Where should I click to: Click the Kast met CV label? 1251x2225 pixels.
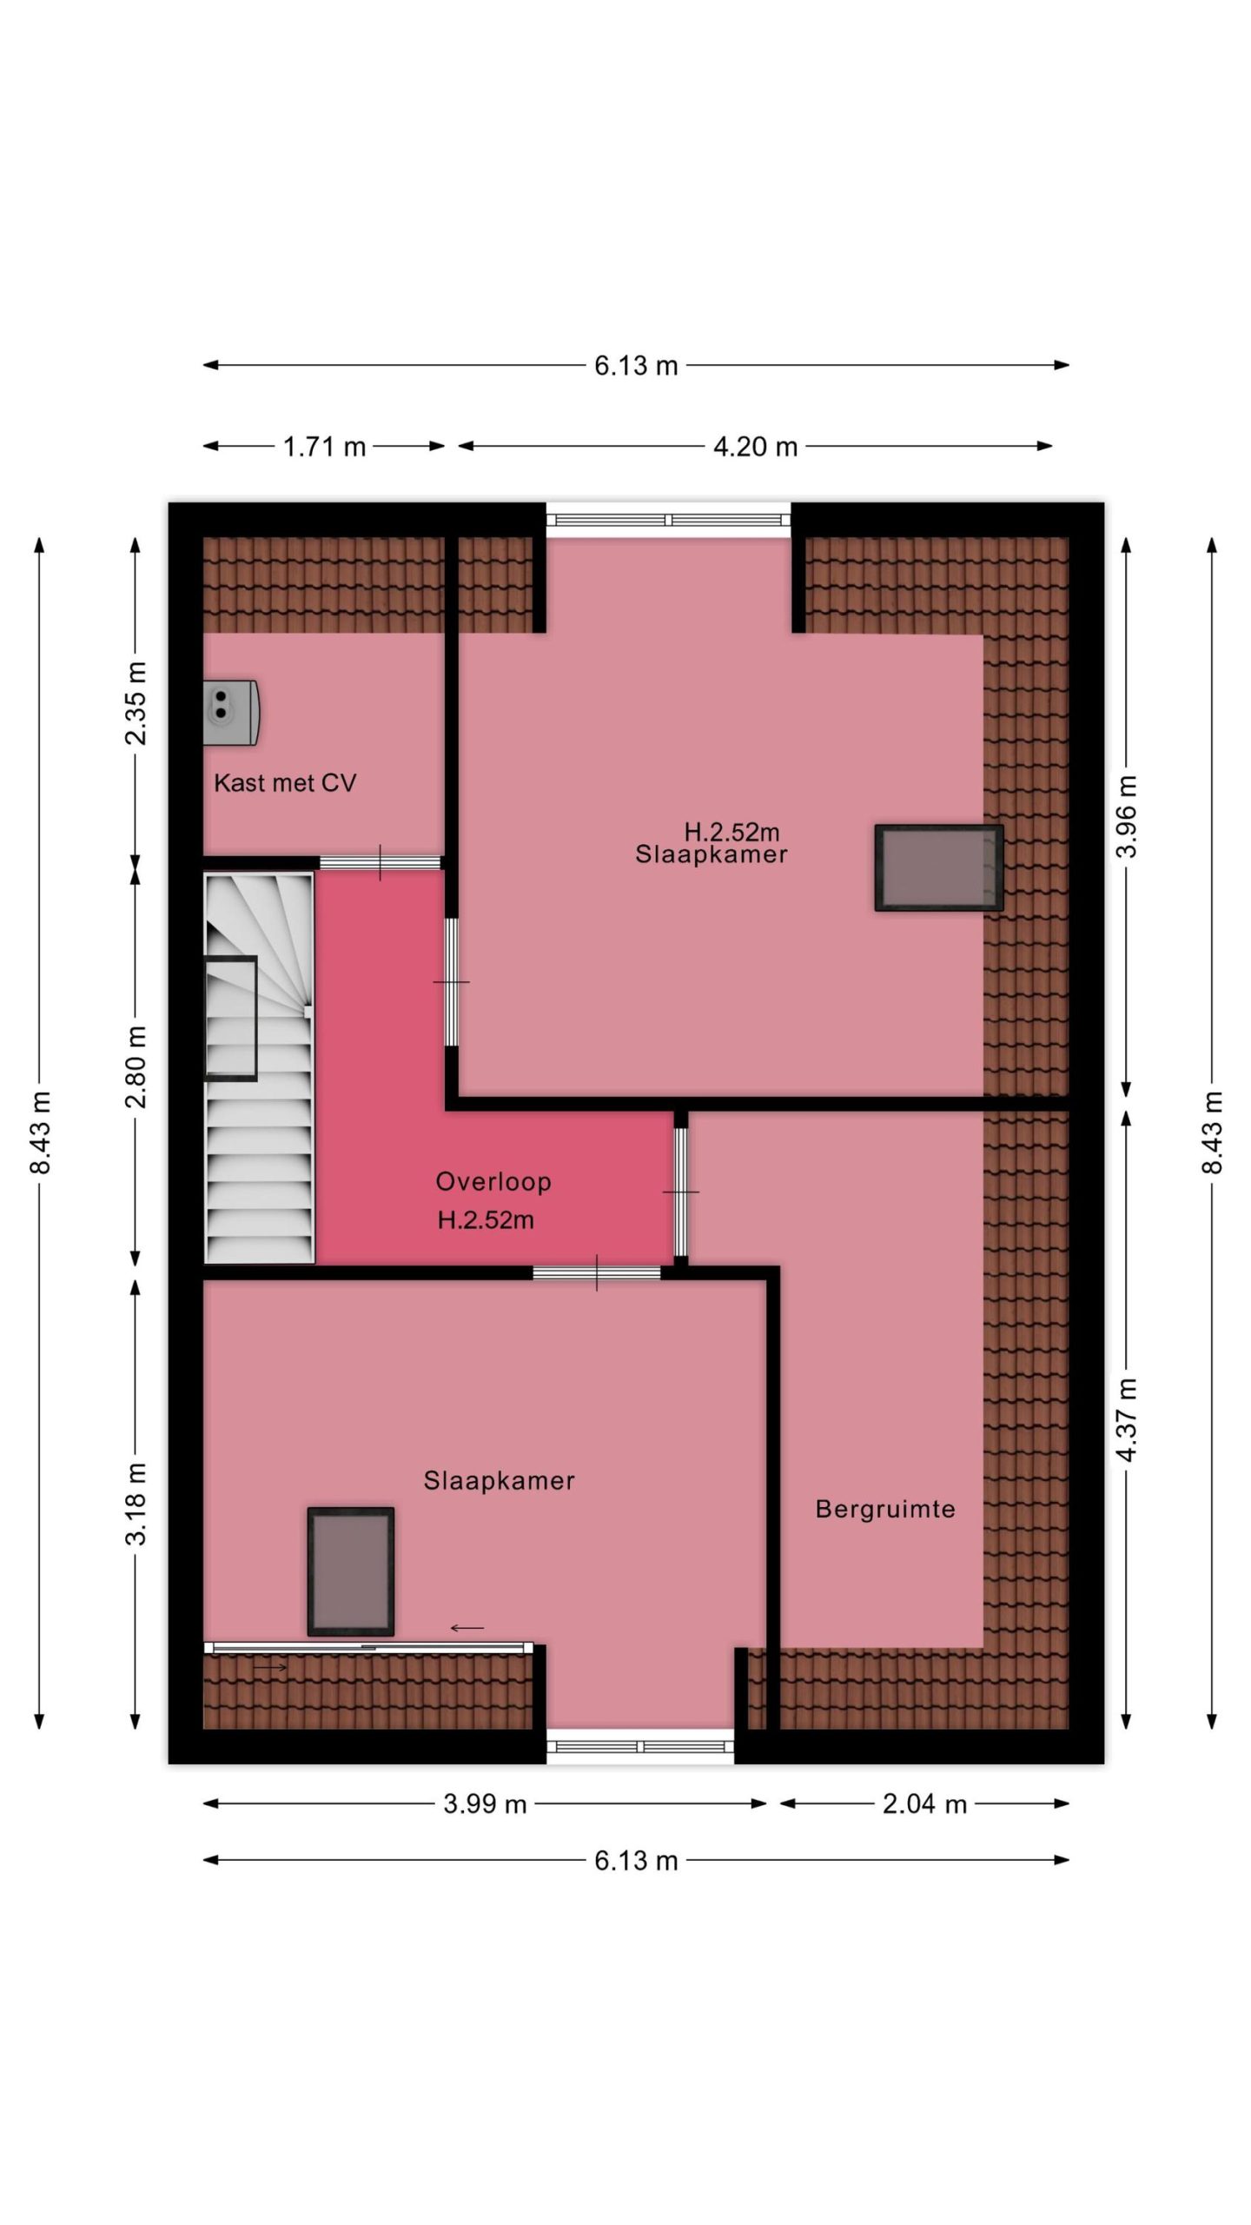tap(285, 783)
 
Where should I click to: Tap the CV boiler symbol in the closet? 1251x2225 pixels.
tap(231, 713)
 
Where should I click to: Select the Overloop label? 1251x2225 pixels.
tap(493, 1181)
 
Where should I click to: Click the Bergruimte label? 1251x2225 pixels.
tap(885, 1509)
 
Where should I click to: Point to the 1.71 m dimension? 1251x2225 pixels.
tap(325, 447)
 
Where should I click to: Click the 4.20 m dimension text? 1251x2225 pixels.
tap(756, 447)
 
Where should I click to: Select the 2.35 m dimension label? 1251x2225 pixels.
tap(136, 703)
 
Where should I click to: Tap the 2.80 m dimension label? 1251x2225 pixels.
tap(136, 1066)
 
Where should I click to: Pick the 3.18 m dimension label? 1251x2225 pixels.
tap(136, 1503)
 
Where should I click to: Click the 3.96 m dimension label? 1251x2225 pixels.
tap(1126, 816)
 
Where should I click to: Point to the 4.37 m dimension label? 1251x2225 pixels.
tap(1126, 1419)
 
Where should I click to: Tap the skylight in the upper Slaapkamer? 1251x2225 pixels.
tap(939, 867)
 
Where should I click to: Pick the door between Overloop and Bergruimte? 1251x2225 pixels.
tap(681, 1192)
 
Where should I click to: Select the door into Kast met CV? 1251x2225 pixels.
tap(381, 862)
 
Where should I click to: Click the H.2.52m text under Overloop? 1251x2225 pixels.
tap(486, 1220)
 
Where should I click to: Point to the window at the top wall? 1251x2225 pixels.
tap(669, 520)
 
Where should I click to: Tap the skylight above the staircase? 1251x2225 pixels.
tap(231, 1019)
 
